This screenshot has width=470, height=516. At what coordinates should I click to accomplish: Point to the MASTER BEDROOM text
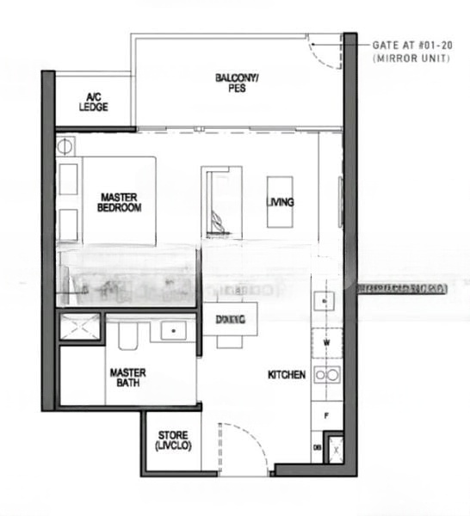tap(119, 202)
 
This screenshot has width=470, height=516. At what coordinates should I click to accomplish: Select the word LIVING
tap(281, 202)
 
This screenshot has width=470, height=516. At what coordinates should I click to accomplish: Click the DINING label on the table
tap(230, 319)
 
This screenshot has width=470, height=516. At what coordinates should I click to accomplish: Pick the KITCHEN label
tap(287, 375)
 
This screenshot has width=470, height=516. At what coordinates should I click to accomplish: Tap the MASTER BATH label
tap(127, 378)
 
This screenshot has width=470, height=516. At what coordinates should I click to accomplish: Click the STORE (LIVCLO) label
tap(172, 441)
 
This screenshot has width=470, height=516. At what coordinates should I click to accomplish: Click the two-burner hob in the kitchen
tap(326, 374)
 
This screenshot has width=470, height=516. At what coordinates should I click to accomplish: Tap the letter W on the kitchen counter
tap(326, 342)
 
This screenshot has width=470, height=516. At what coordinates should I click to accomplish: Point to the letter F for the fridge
tap(326, 415)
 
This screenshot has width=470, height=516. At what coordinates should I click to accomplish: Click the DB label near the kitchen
tap(318, 449)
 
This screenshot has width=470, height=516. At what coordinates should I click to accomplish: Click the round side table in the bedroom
tap(67, 145)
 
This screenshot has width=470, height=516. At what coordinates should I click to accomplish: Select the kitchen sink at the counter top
tap(325, 301)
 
